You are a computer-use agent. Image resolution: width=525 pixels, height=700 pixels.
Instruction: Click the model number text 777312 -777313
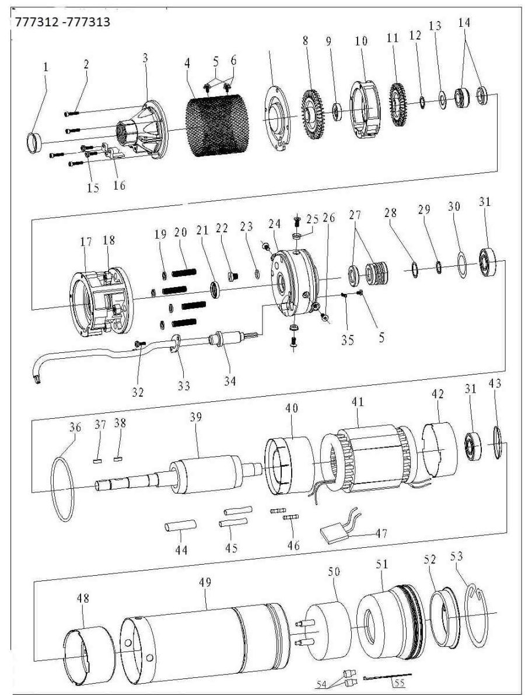(59, 22)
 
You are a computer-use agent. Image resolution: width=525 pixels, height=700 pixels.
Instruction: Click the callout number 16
(119, 186)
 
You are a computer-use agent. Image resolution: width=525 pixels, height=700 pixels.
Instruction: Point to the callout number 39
(197, 418)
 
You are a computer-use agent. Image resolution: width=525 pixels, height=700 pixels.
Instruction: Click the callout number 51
(381, 565)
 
